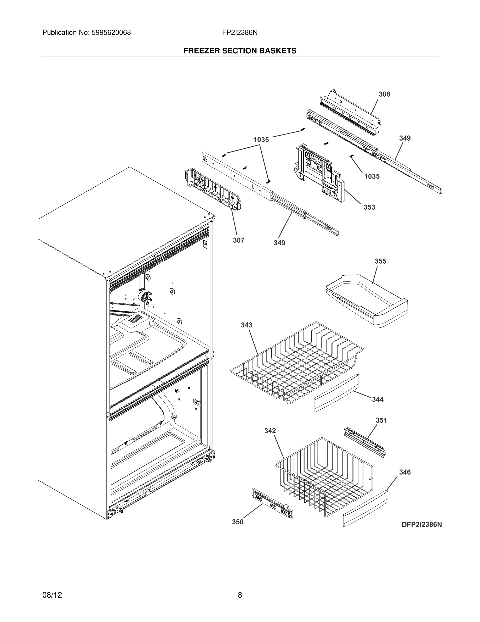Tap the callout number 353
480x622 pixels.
[x=369, y=207]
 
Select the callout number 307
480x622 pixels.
[x=239, y=240]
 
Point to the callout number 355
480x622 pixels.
[x=380, y=261]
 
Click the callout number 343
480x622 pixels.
[x=246, y=325]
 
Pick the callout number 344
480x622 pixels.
[x=378, y=399]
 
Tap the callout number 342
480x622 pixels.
[x=270, y=431]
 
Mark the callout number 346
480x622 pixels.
[x=405, y=472]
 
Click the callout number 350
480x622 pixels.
[x=237, y=522]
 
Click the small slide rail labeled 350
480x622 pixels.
[x=272, y=503]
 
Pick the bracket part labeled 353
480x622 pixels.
[x=318, y=171]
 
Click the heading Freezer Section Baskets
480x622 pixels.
[x=240, y=51]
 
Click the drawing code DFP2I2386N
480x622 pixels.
[x=422, y=525]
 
